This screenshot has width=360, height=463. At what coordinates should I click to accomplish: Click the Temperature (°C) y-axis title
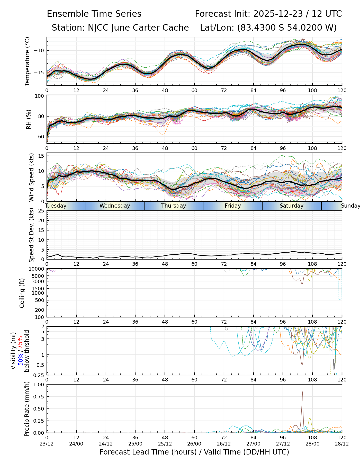tap(28, 61)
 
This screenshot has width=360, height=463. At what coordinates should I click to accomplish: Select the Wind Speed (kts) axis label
tap(31, 177)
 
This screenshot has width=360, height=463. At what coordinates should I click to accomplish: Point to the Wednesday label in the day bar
tap(115, 206)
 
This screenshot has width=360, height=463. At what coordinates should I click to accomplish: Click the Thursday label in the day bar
tap(174, 206)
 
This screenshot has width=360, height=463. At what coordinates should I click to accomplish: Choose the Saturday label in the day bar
tap(292, 206)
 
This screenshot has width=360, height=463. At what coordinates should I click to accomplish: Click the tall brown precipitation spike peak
tap(302, 392)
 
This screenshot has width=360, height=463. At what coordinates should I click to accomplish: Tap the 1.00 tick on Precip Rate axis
tap(39, 385)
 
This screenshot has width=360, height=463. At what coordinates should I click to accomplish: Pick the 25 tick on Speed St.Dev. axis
tap(41, 211)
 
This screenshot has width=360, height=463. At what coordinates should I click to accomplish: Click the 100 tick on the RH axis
tap(40, 96)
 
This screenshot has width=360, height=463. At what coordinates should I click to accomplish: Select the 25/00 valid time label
tap(135, 444)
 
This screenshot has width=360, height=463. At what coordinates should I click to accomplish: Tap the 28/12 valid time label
tap(342, 444)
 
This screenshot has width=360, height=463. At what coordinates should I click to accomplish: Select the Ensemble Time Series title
tap(94, 14)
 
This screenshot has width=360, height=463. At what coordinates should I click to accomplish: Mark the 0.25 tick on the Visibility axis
tap(40, 375)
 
